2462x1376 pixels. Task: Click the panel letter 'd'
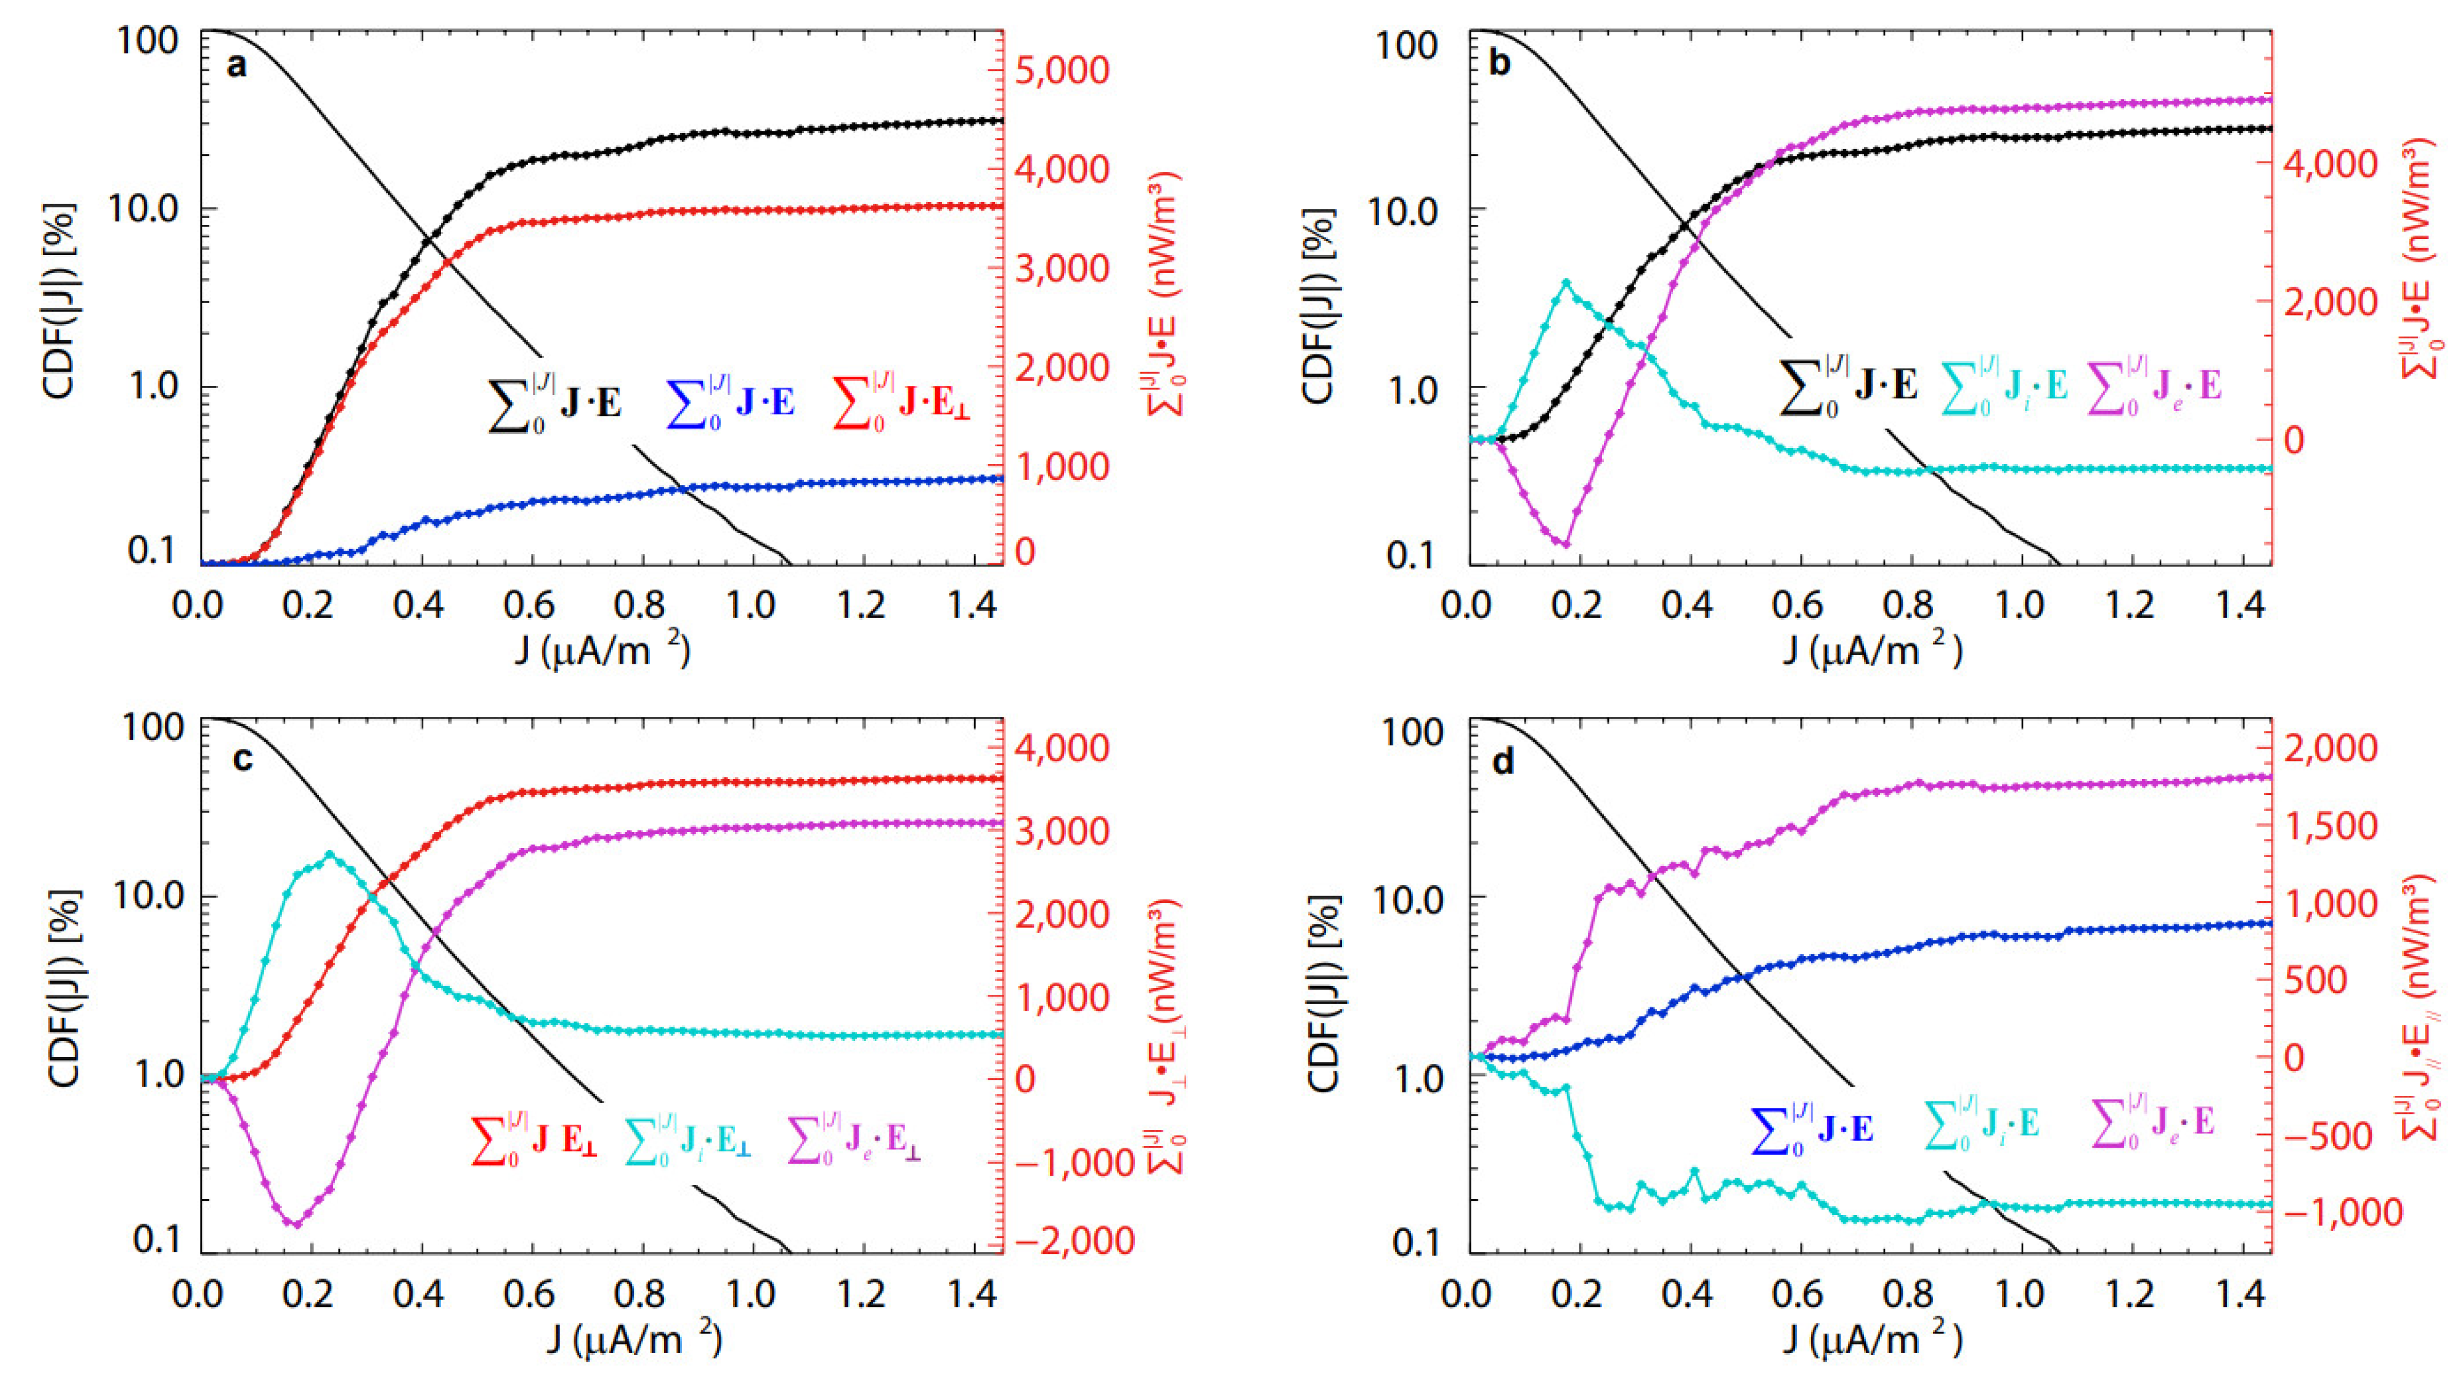[x=1503, y=762]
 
